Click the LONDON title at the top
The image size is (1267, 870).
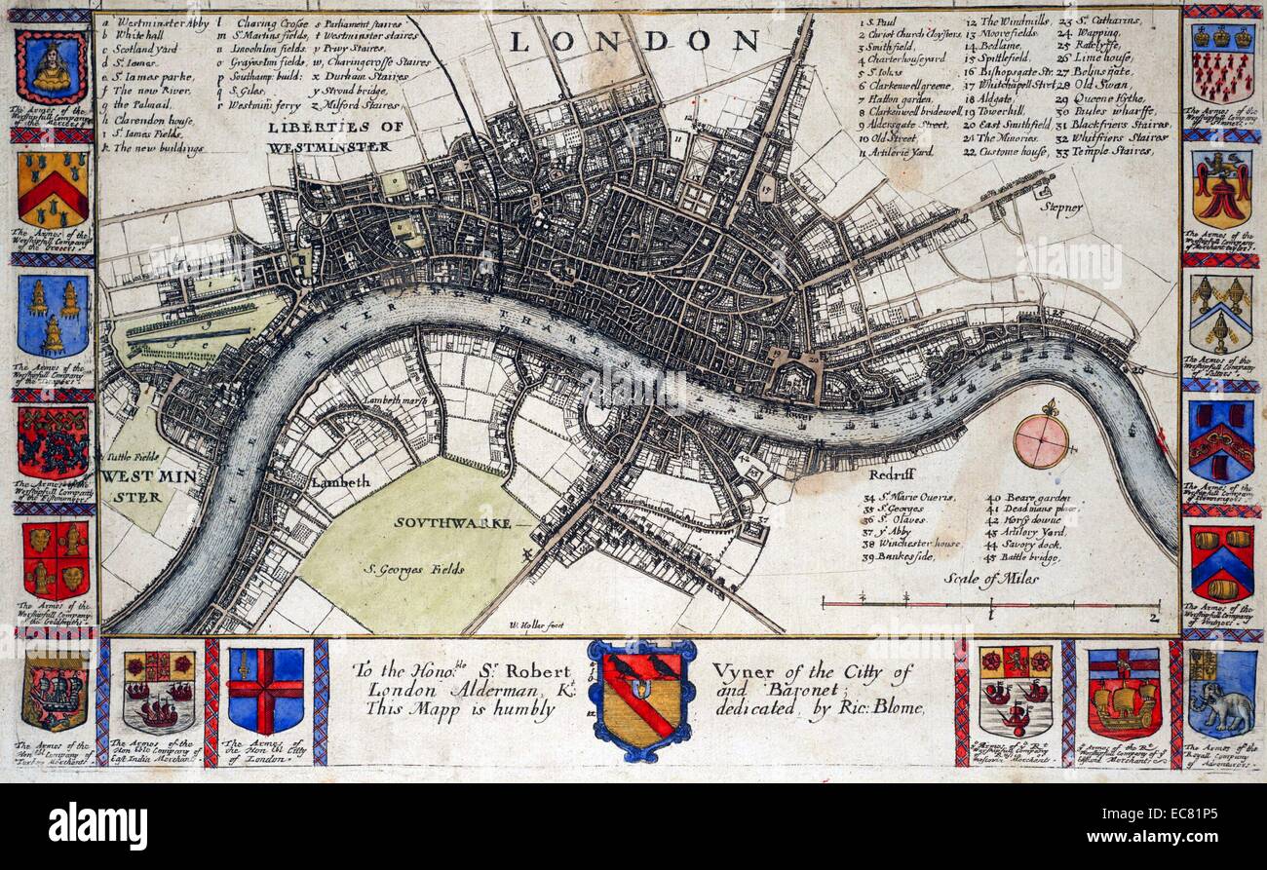[x=633, y=41]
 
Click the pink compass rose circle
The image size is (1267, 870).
[x=1041, y=440]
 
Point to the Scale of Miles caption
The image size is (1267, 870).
[x=990, y=578]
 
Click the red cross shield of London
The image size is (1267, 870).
[x=265, y=691]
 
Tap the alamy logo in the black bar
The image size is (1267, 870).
[x=97, y=824]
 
